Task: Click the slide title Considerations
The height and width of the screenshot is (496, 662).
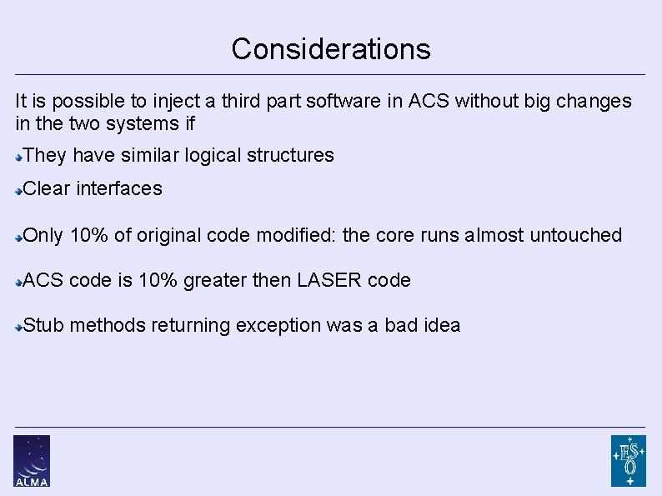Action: click(x=331, y=49)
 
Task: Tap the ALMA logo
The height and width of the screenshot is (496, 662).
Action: click(x=32, y=460)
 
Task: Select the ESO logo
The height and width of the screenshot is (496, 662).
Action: click(x=628, y=460)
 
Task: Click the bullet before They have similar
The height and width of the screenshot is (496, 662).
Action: click(x=19, y=156)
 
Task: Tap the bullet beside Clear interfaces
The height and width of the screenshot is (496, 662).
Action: click(x=19, y=190)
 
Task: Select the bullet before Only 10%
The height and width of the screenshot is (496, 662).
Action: click(x=19, y=237)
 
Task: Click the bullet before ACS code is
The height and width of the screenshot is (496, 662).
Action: click(x=19, y=282)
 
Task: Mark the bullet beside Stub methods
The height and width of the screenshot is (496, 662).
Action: click(x=19, y=327)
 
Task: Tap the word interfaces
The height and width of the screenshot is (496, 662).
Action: click(x=119, y=188)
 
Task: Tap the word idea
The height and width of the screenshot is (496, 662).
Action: click(x=441, y=325)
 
